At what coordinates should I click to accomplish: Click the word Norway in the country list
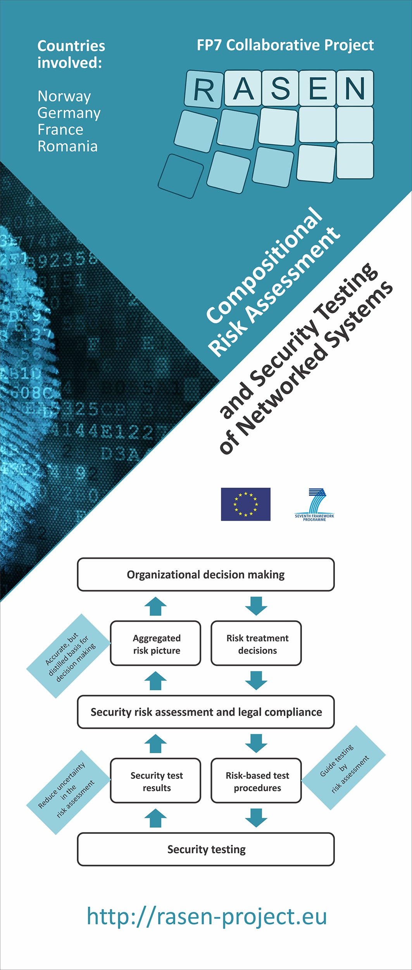pyautogui.click(x=64, y=97)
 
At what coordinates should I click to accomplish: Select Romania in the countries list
pyautogui.click(x=67, y=146)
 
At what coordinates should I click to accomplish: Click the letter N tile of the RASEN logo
pyautogui.click(x=355, y=88)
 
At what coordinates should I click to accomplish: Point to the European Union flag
pyautogui.click(x=246, y=504)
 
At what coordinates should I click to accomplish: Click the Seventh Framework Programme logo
pyautogui.click(x=314, y=504)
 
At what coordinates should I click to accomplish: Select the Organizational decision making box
pyautogui.click(x=206, y=575)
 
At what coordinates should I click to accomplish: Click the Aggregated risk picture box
pyautogui.click(x=156, y=643)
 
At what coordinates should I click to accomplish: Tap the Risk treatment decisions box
pyautogui.click(x=256, y=643)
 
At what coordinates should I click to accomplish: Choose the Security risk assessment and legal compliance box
pyautogui.click(x=206, y=712)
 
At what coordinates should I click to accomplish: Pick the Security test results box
pyautogui.click(x=156, y=781)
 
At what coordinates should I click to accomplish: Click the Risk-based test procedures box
pyautogui.click(x=256, y=781)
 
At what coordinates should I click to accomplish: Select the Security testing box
pyautogui.click(x=206, y=849)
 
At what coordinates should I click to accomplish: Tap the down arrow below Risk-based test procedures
pyautogui.click(x=256, y=818)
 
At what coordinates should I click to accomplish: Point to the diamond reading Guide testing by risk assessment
pyautogui.click(x=343, y=768)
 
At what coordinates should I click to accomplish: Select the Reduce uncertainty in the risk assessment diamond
pyautogui.click(x=68, y=792)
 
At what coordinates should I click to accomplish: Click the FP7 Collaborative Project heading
pyautogui.click(x=285, y=45)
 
